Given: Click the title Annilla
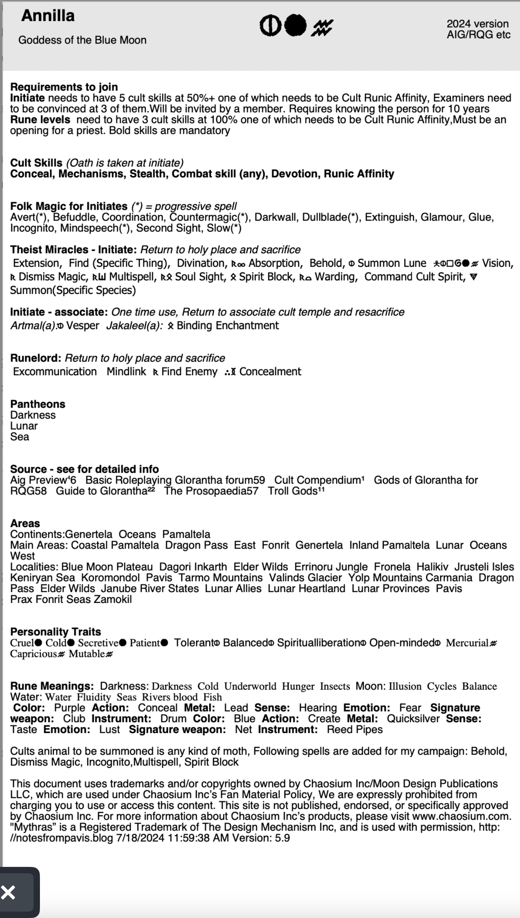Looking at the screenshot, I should tap(48, 16).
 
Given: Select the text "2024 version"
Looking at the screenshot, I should tap(477, 24).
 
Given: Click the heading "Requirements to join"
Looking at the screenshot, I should tap(64, 87).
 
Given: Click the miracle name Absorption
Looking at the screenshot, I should tap(274, 263).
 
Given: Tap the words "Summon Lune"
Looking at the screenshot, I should tap(392, 263).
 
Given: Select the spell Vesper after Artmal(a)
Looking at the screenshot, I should tap(82, 325).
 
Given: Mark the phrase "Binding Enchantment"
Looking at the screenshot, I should tap(228, 325).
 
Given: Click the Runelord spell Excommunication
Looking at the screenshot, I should tap(55, 371).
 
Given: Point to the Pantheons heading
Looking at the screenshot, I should tap(38, 404).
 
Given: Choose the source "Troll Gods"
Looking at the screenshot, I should tap(292, 491).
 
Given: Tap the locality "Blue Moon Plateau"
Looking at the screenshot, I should tap(107, 567).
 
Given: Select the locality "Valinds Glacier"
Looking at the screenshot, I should tap(305, 577).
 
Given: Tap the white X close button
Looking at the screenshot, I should tap(8, 892).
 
